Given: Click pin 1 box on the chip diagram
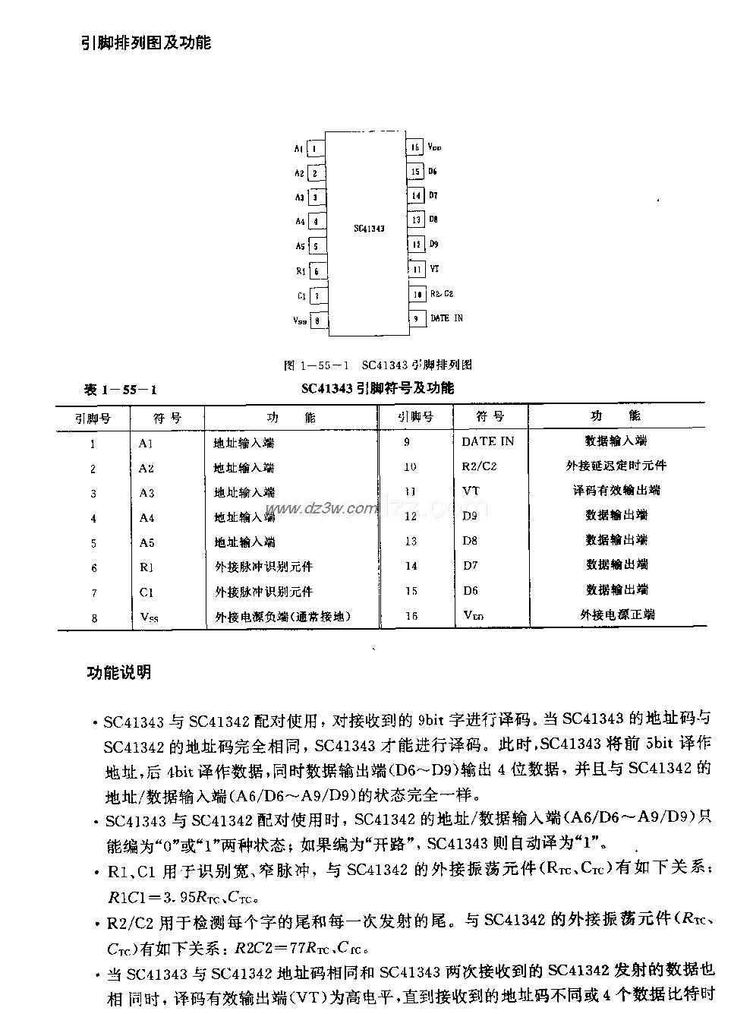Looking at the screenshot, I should (314, 149).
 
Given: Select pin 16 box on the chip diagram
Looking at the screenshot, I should (415, 148).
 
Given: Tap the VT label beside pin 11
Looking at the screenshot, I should (435, 269).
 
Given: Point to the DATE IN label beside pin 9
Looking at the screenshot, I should (446, 318).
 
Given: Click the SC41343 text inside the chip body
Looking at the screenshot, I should (369, 228).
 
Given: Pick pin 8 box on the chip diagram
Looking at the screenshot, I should (317, 321).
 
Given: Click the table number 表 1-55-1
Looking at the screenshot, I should (121, 390).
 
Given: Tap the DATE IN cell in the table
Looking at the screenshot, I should (487, 441).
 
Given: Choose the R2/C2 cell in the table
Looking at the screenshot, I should (479, 466).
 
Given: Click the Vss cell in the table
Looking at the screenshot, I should (149, 618).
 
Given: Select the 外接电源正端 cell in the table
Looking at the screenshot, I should (617, 614).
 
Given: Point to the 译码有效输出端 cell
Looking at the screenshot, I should (616, 491).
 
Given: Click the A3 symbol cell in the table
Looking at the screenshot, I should (147, 493).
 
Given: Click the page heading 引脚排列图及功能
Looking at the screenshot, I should (147, 43).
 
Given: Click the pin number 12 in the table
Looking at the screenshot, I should (411, 516).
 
